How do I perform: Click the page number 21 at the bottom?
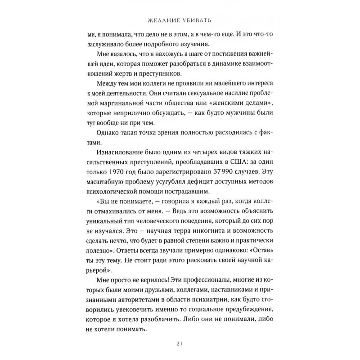tap(180, 344)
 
